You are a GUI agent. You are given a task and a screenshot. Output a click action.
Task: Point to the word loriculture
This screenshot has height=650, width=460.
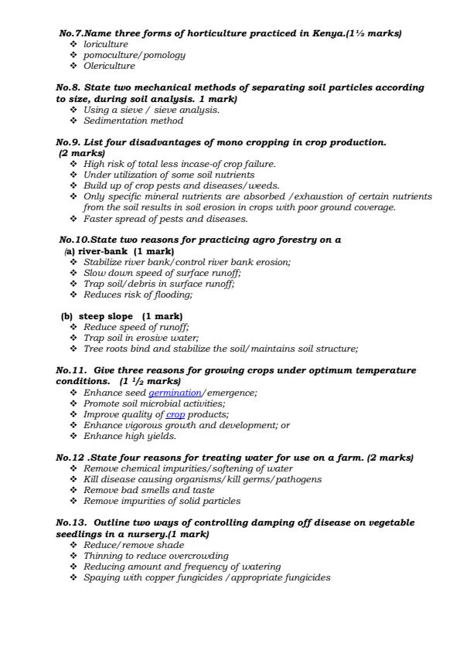(106, 45)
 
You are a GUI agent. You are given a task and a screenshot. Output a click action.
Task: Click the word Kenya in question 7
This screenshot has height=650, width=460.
(327, 34)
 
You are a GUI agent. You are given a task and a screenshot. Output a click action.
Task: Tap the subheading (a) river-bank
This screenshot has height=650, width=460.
(97, 251)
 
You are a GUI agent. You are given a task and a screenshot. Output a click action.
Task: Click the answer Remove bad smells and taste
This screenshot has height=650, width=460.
(150, 490)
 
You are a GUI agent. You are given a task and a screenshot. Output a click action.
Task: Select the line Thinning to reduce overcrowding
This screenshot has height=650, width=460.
(155, 556)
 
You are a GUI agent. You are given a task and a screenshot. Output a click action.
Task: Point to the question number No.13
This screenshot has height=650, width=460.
(74, 523)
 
